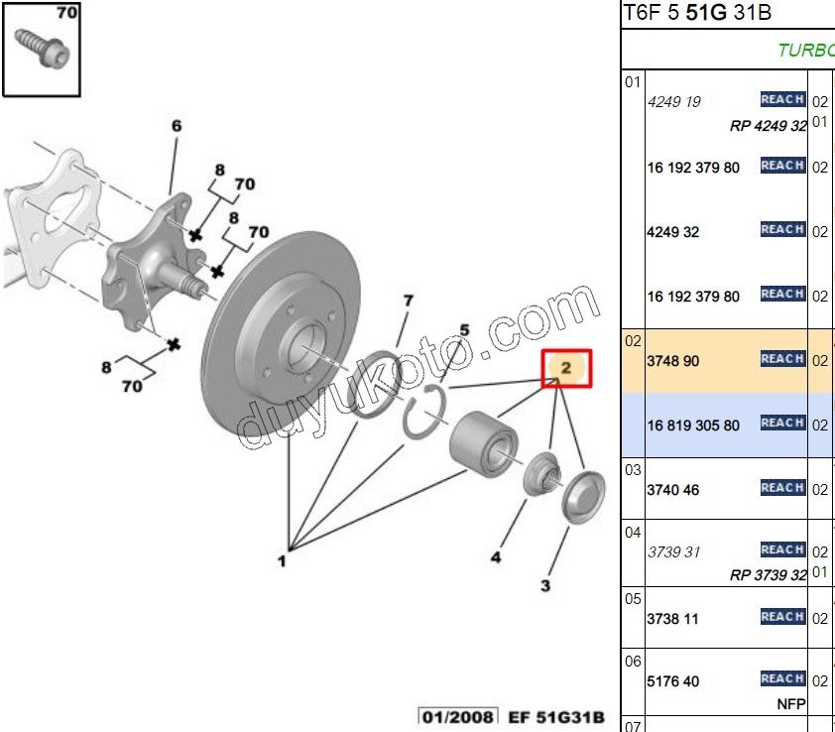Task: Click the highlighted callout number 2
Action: pyautogui.click(x=566, y=368)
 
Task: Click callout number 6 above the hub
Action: pyautogui.click(x=177, y=126)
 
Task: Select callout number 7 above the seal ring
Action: pyautogui.click(x=407, y=301)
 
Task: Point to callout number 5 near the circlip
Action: pyautogui.click(x=463, y=330)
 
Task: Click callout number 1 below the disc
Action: pyautogui.click(x=282, y=561)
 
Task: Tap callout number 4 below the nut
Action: pyautogui.click(x=496, y=557)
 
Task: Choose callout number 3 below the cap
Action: pyautogui.click(x=545, y=586)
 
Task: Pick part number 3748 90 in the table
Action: pyautogui.click(x=673, y=361)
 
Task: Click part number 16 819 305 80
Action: pyautogui.click(x=693, y=426)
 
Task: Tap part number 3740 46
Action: pyautogui.click(x=673, y=490)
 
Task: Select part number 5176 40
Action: pyautogui.click(x=673, y=681)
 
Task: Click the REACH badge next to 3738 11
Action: pyautogui.click(x=782, y=617)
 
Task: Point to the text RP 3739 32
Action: pyautogui.click(x=768, y=575)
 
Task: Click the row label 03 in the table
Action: pyautogui.click(x=633, y=469)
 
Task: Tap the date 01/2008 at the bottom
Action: pyautogui.click(x=446, y=716)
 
